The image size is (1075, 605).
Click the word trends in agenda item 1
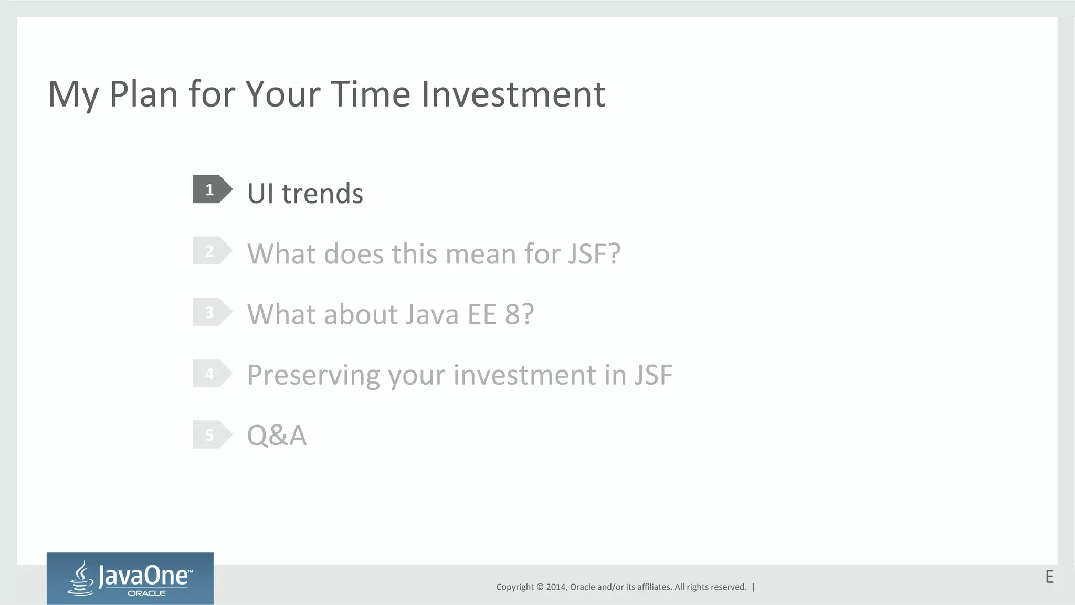coord(322,194)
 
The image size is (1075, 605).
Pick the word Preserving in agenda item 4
coord(313,376)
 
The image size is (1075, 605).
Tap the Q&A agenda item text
coord(277,436)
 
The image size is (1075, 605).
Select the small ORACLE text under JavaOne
coord(147,593)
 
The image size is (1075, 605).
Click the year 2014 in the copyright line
coord(556,587)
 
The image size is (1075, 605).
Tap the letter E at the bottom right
coord(1049,577)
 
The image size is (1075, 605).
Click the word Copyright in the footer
coord(515,587)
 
